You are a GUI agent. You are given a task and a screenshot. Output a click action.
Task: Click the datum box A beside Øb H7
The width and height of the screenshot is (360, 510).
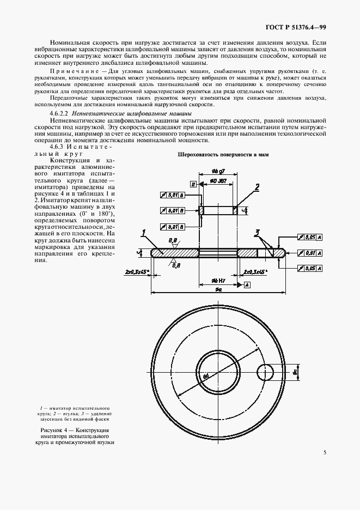tap(247, 284)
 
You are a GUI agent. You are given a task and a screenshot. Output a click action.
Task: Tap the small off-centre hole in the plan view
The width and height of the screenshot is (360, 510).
tap(267, 372)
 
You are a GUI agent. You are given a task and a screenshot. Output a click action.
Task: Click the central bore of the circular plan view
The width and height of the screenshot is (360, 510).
tap(218, 372)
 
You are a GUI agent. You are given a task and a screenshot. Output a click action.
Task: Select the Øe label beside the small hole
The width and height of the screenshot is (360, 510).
tap(294, 373)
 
